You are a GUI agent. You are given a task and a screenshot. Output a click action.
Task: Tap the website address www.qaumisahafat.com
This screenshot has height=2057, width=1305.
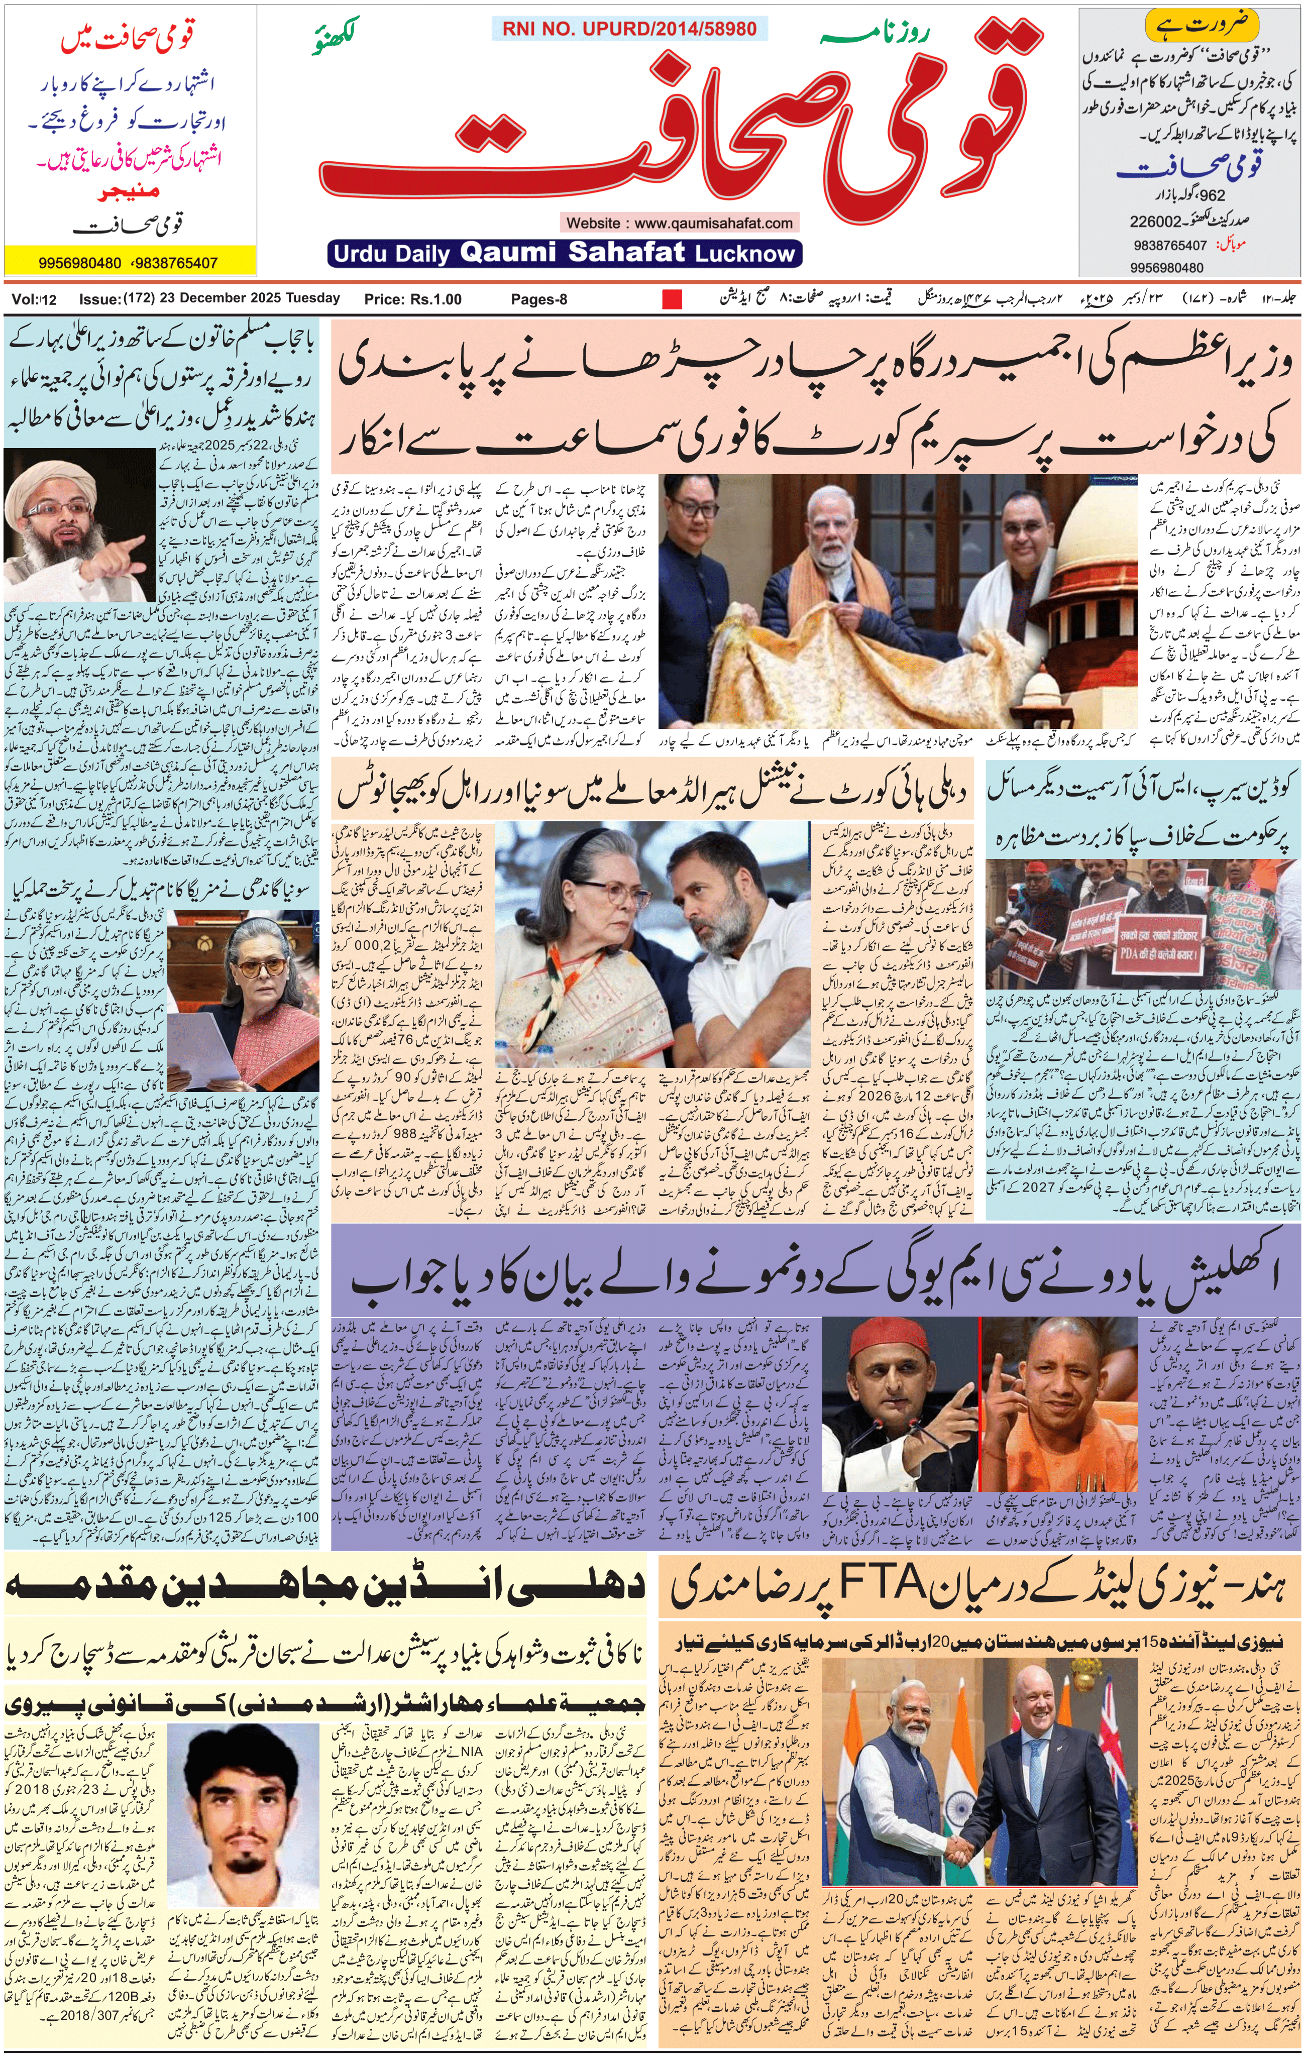tap(679, 223)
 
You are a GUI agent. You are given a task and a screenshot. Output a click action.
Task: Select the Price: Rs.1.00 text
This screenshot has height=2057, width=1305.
tap(412, 299)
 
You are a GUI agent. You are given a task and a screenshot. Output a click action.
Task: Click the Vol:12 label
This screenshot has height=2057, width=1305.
tap(34, 299)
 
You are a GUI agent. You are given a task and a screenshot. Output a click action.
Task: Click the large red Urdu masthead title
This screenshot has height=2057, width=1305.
tap(683, 128)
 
